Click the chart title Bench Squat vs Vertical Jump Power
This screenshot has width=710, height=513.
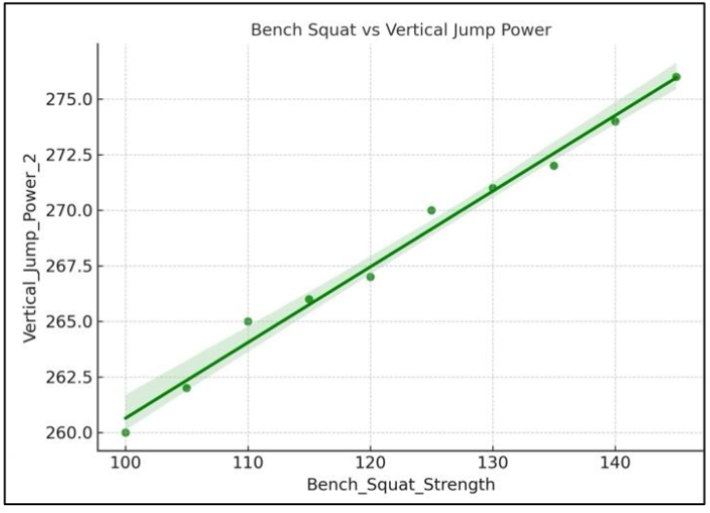pyautogui.click(x=401, y=30)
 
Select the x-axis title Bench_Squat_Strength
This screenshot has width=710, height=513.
pyautogui.click(x=400, y=484)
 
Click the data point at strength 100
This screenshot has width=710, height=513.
pyautogui.click(x=125, y=432)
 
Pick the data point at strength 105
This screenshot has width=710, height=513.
pyautogui.click(x=187, y=387)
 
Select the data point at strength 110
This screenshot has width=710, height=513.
pyautogui.click(x=248, y=321)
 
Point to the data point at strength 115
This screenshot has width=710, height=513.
pyautogui.click(x=309, y=299)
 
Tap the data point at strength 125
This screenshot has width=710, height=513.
pyautogui.click(x=432, y=210)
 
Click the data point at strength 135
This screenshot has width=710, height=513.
pyautogui.click(x=553, y=165)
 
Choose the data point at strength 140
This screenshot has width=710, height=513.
pyautogui.click(x=615, y=122)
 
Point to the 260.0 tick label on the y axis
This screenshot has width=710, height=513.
pyautogui.click(x=69, y=432)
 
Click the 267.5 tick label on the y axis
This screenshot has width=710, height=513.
pyautogui.click(x=69, y=266)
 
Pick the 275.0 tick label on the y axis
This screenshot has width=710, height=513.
pyautogui.click(x=69, y=99)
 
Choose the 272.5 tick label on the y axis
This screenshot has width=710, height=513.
pyautogui.click(x=69, y=155)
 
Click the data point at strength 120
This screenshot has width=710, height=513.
pyautogui.click(x=371, y=276)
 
